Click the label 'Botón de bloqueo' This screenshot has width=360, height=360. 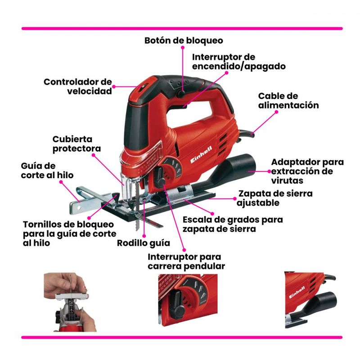point(184,40)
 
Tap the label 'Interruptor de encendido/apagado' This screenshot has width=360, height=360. point(239,62)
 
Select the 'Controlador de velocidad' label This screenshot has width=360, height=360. point(78,86)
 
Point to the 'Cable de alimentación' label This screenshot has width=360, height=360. point(288,100)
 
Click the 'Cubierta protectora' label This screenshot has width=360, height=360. point(76,144)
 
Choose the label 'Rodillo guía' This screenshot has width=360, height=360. point(144,243)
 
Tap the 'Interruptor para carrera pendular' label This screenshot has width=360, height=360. point(186,261)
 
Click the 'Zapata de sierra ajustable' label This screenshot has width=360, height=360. point(274,198)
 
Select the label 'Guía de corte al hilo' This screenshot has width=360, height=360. point(47,171)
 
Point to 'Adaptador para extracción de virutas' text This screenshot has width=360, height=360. point(307,171)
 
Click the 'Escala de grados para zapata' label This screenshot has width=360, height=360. point(233,224)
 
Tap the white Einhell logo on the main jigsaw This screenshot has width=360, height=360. point(201,155)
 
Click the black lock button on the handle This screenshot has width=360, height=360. point(181,94)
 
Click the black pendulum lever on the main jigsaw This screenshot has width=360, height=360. point(160,177)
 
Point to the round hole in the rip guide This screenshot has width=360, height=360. point(79,208)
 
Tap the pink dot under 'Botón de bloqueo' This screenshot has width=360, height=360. point(183,48)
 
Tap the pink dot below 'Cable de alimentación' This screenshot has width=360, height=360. point(276,112)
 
